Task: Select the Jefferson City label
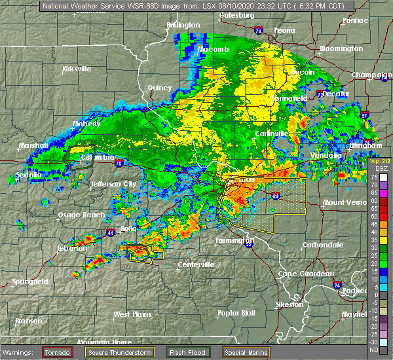click(x=113, y=184)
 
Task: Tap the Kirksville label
click(x=78, y=69)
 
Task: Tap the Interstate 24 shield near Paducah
click(x=336, y=284)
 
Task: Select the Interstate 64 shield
click(x=276, y=196)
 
